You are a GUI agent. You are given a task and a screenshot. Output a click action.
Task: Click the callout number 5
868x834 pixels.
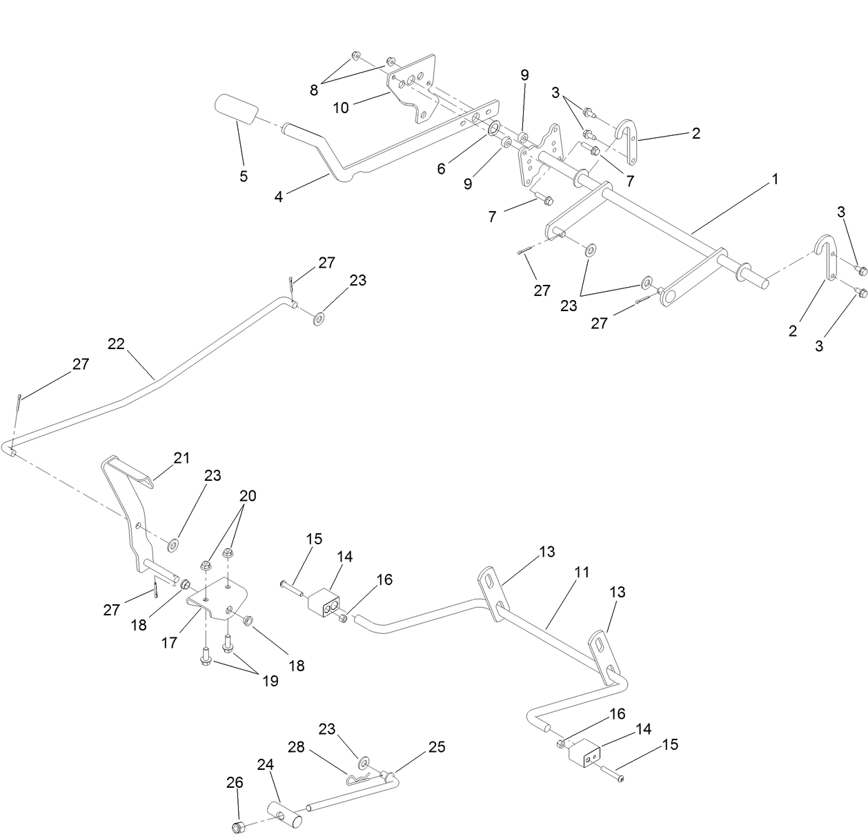(x=244, y=176)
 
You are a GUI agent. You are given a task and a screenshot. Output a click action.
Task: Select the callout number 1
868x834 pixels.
(x=775, y=179)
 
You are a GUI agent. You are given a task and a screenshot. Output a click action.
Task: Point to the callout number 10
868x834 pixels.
(x=341, y=108)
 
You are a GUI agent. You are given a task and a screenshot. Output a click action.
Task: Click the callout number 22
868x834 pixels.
(x=116, y=343)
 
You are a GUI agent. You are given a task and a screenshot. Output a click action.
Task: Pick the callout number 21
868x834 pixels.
(x=181, y=457)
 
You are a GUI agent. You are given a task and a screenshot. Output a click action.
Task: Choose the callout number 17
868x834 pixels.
(x=169, y=642)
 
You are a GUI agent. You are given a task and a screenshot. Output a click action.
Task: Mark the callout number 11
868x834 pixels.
(x=582, y=572)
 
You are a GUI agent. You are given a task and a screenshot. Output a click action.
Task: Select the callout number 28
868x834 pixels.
(x=296, y=748)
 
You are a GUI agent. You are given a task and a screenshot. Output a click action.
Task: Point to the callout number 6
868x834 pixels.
(x=441, y=168)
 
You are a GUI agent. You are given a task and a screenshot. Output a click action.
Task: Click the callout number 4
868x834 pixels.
(x=279, y=197)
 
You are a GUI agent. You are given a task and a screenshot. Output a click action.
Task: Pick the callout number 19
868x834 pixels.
(x=270, y=681)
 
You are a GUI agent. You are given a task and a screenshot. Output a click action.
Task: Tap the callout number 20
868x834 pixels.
(x=248, y=495)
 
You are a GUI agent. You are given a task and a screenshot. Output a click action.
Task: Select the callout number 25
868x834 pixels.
(x=437, y=746)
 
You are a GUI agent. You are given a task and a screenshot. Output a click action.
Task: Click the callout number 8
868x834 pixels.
(x=314, y=90)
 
